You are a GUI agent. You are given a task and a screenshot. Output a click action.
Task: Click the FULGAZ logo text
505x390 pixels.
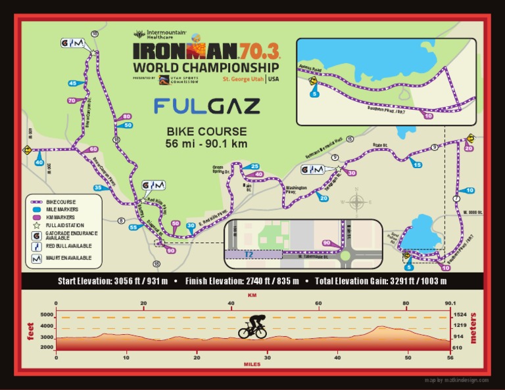click(206, 106)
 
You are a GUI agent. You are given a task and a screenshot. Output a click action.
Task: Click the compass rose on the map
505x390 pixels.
click(356, 200)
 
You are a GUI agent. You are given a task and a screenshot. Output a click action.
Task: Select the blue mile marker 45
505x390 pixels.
click(72, 83)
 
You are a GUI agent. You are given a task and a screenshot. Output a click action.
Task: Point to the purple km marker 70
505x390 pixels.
click(72, 100)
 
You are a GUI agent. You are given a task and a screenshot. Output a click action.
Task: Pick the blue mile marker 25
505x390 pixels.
click(255, 166)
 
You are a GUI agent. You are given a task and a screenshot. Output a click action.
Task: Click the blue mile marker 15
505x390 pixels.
click(416, 164)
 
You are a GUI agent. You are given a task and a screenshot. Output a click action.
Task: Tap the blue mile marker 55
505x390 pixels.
click(133, 227)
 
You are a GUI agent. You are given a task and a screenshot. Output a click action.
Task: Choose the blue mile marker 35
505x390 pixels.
click(98, 188)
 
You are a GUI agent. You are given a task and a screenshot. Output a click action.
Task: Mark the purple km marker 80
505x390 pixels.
click(126, 116)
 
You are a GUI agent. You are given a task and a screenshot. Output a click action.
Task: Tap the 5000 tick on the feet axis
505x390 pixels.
click(46, 315)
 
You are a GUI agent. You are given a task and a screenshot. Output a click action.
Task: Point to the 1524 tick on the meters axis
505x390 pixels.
click(460, 315)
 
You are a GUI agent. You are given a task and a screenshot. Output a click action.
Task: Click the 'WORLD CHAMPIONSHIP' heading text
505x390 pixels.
click(206, 67)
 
